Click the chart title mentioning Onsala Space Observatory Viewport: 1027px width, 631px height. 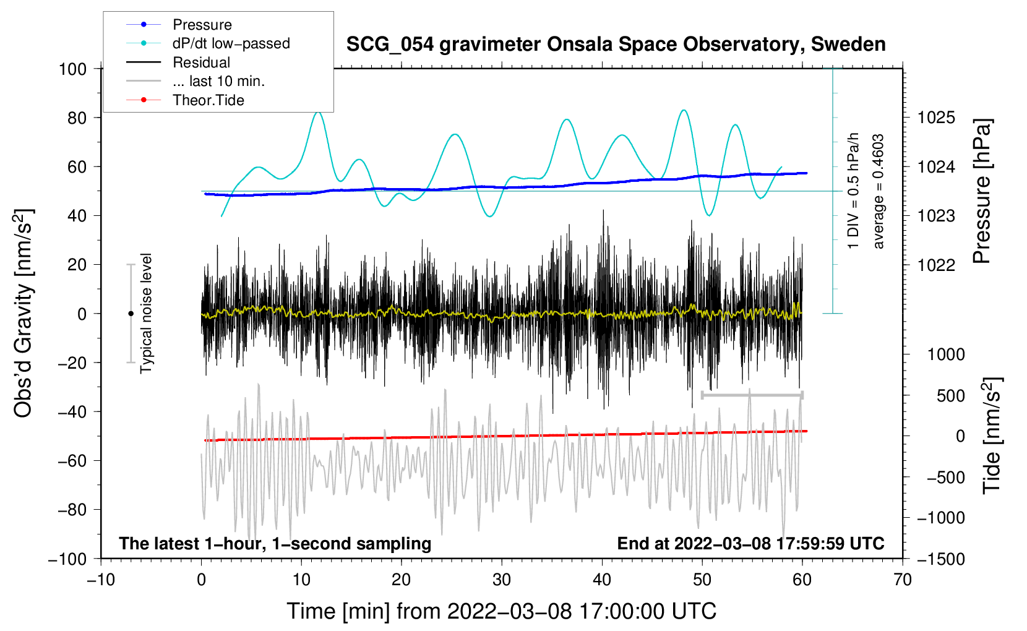(616, 45)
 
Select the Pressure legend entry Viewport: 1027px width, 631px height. (202, 25)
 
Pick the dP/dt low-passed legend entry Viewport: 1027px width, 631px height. (231, 43)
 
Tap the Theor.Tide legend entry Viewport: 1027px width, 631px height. (208, 100)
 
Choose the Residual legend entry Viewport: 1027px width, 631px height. (201, 62)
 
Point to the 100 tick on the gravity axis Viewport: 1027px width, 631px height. (72, 69)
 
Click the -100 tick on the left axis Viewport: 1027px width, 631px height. (67, 559)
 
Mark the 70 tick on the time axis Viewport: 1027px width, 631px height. (903, 580)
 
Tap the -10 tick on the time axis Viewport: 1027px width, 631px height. (101, 580)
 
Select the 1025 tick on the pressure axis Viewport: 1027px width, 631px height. (936, 118)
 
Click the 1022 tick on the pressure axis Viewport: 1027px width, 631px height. (936, 265)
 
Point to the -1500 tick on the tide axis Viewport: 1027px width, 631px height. (941, 559)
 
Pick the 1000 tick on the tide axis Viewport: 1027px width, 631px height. (946, 354)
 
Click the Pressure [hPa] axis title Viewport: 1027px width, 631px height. (982, 192)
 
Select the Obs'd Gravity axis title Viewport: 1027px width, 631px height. (24, 313)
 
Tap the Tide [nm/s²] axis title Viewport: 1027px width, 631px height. (992, 435)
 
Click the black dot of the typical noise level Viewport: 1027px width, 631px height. (131, 314)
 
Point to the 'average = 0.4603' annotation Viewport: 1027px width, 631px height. (878, 192)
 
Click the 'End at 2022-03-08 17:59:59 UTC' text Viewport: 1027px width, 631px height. (750, 544)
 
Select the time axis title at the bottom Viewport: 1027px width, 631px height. (501, 611)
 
